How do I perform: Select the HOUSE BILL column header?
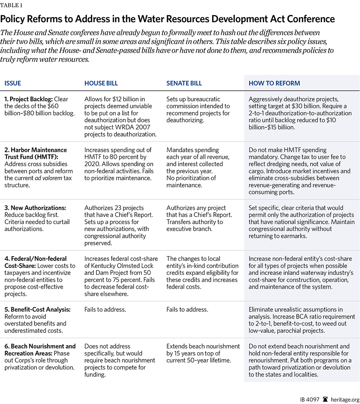102,83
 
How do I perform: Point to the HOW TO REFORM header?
274,83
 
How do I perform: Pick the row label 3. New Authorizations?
35,208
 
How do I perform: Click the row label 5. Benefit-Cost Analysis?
37,309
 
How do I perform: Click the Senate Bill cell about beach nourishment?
203,353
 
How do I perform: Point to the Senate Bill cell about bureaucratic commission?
198,110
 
